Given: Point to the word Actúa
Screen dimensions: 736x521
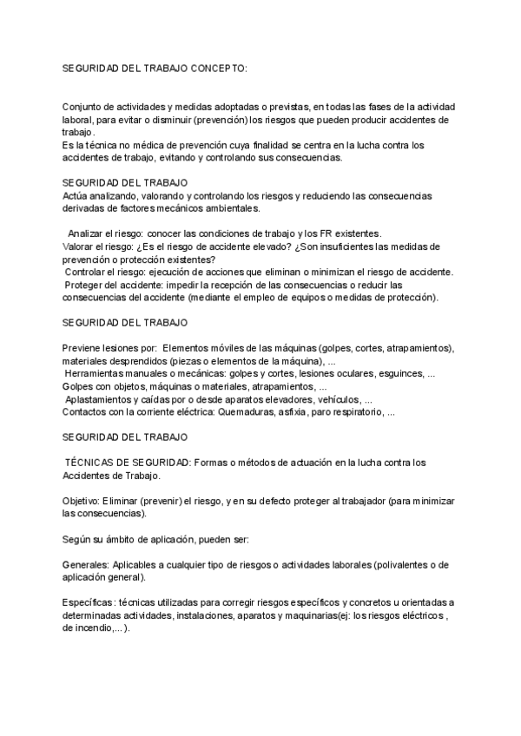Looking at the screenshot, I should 76,196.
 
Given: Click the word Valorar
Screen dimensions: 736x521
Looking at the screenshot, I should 80,246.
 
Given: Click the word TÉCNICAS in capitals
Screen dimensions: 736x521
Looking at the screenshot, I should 89,463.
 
